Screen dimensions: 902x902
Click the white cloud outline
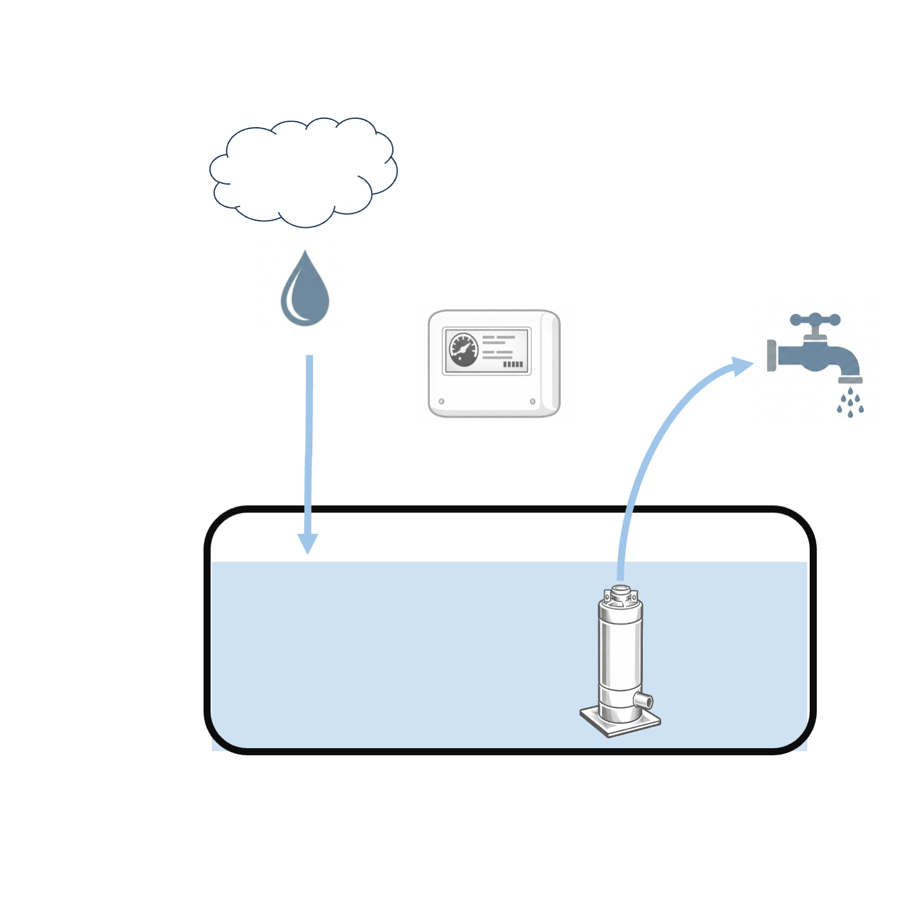point(303,172)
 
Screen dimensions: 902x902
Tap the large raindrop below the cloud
point(305,293)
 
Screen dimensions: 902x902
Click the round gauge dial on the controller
point(464,350)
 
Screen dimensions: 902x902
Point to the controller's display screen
point(487,351)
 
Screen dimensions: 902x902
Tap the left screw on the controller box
point(441,402)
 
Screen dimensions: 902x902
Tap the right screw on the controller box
point(532,402)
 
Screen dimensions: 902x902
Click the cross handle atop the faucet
point(815,320)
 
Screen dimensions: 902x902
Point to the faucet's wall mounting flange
point(771,355)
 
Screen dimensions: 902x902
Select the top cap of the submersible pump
point(620,594)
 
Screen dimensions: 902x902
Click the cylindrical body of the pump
point(620,651)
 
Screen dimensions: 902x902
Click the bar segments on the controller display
point(513,364)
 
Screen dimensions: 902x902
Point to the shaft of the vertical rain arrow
point(309,444)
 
